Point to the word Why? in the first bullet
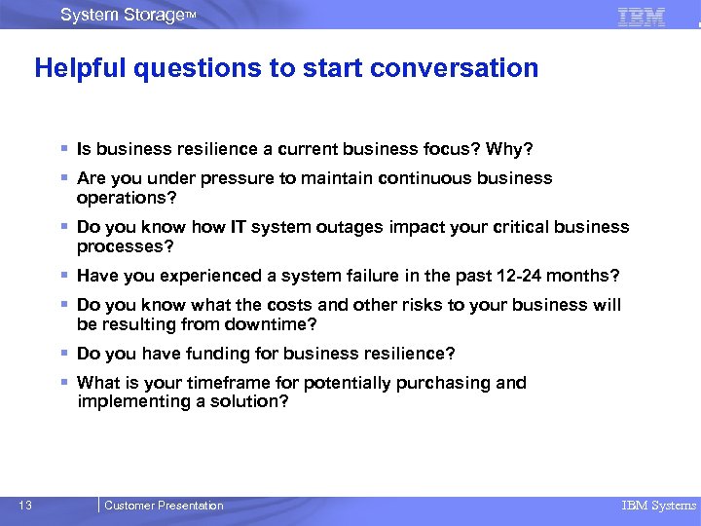[511, 149]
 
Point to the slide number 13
[25, 505]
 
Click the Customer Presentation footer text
[164, 506]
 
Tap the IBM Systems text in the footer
[659, 506]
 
